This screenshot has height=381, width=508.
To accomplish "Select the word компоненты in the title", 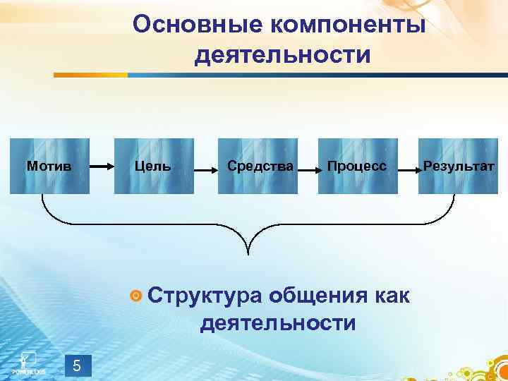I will pos(346,25).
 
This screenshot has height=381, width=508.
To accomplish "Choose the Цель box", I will pos(153,167).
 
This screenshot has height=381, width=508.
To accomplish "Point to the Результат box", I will pos(459,167).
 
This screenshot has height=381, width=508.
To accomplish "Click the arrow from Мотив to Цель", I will pos(102,167).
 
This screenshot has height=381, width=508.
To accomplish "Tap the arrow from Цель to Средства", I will pos(205,169).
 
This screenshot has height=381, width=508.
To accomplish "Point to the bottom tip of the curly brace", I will pos(249,252).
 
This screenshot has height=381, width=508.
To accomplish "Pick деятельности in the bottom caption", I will pos(278,323).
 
